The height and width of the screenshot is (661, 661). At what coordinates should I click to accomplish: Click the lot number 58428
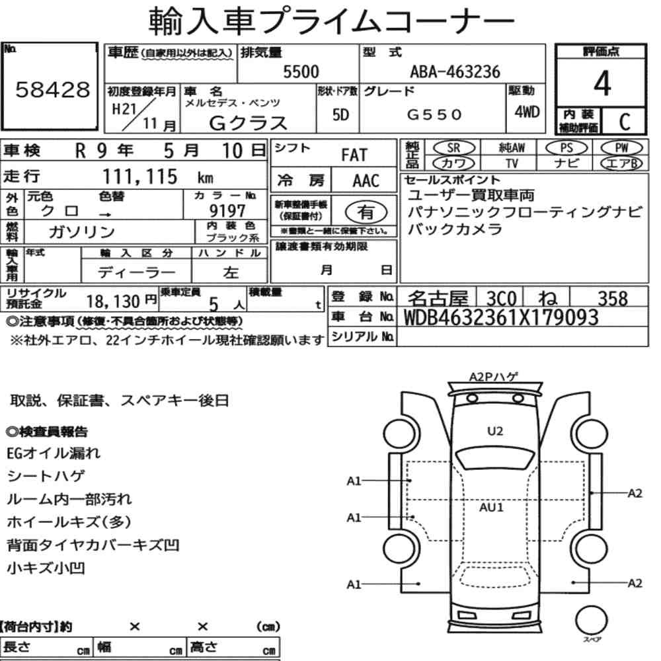pos(53,89)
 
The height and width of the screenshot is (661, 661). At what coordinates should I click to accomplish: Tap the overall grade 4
pos(602,83)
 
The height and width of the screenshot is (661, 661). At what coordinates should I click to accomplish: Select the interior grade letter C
pos(625,122)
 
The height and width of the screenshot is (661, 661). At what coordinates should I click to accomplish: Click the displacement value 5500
pos(301,71)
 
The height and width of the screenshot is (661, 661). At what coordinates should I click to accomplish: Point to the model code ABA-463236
pos(455,71)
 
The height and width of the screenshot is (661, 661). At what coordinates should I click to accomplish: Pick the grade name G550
pos(434,114)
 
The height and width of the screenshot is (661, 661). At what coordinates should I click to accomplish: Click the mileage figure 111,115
pos(140,176)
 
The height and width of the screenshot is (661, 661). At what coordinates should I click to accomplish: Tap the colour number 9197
pos(227,210)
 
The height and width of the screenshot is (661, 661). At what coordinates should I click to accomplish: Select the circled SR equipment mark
pos(453,148)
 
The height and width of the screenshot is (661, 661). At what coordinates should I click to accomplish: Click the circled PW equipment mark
pos(621,148)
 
